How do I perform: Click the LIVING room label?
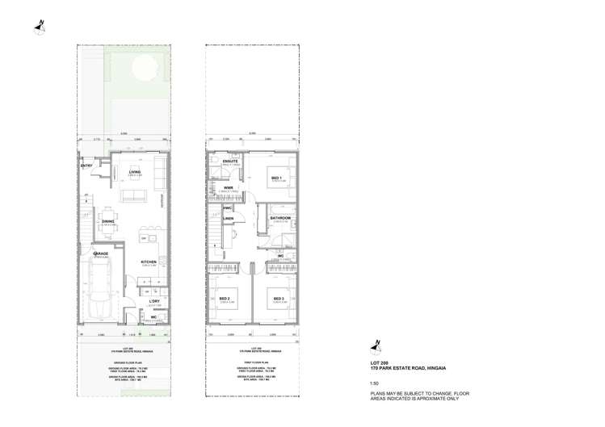click(135, 172)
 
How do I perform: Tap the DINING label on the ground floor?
click(107, 221)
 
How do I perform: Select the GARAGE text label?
click(101, 253)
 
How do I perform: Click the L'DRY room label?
click(154, 302)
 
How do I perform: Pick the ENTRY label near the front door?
click(86, 166)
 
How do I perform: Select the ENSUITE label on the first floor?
click(230, 161)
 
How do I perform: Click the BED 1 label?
click(276, 178)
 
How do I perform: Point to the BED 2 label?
click(225, 299)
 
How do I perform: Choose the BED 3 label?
click(279, 299)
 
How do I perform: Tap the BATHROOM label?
click(280, 218)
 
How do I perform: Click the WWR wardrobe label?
click(229, 188)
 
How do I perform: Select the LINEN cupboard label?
click(229, 218)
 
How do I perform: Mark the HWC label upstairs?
click(227, 207)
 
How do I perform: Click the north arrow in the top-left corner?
click(38, 28)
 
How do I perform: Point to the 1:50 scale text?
click(373, 383)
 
